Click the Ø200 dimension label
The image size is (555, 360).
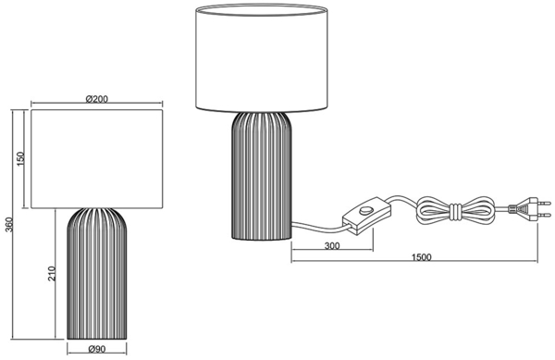click(96, 99)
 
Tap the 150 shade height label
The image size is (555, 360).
click(21, 159)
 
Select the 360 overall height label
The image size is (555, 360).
click(9, 225)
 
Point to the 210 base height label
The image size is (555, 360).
click(52, 274)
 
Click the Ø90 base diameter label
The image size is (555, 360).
click(96, 349)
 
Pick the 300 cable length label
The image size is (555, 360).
click(332, 245)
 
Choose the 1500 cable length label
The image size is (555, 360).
click(422, 257)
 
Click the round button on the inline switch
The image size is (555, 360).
click(364, 211)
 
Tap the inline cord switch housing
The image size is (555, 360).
click(366, 216)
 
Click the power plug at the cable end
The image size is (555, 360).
click(529, 209)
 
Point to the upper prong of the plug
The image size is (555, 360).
click(545, 204)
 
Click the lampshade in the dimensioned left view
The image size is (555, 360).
click(96, 159)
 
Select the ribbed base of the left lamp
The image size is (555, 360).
click(96, 274)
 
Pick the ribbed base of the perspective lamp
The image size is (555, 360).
click(262, 176)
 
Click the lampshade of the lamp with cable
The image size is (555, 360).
click(262, 57)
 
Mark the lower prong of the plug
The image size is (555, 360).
click(545, 215)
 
